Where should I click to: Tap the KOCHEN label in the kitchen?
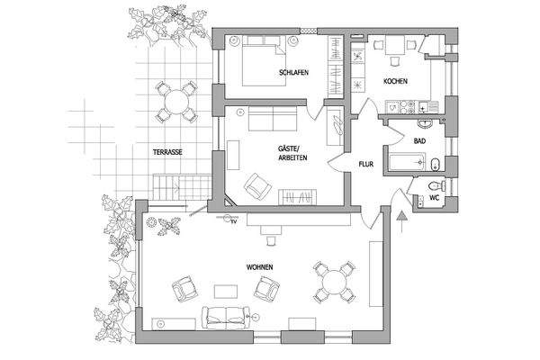(396, 82)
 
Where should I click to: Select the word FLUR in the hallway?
(365, 166)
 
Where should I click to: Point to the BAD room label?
(419, 141)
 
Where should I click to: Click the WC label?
(434, 197)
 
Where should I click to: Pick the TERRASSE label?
(167, 152)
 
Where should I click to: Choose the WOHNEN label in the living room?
(259, 267)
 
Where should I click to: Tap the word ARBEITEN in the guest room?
(293, 157)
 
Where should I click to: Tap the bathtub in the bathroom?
(404, 164)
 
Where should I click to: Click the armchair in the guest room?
(258, 186)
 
